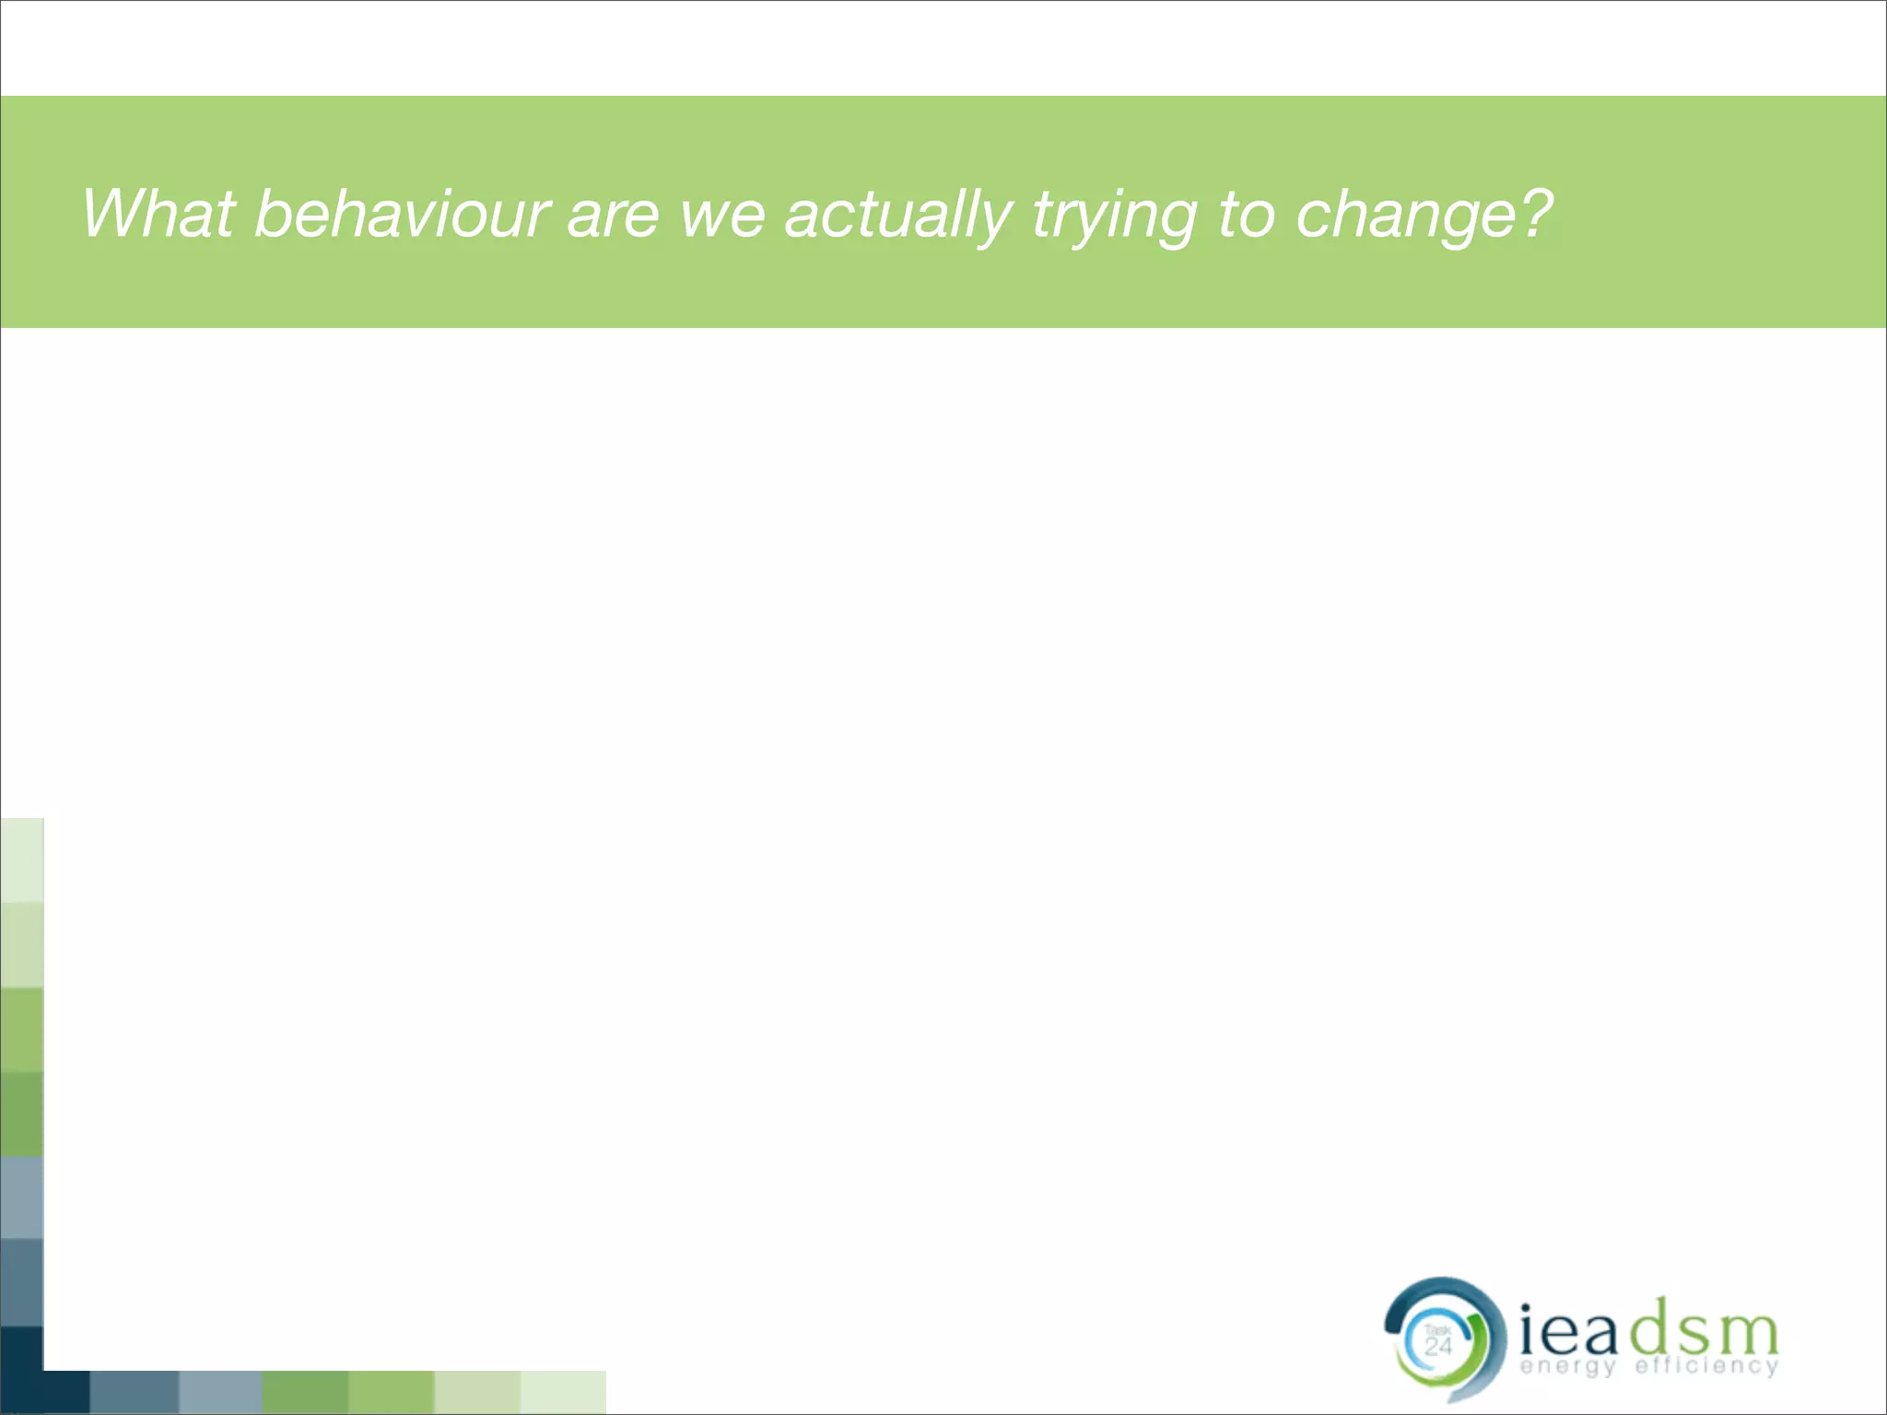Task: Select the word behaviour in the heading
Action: [402, 214]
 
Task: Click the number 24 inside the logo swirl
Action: [1438, 1347]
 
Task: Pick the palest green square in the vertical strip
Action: [21, 860]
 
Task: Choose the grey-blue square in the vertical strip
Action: [21, 1197]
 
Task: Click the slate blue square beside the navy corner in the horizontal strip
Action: [135, 1392]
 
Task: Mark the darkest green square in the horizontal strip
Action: [305, 1392]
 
